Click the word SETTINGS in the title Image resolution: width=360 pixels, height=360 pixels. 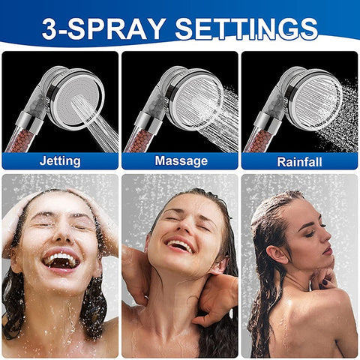(x=246, y=28)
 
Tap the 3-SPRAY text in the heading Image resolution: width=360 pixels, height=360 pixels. (x=104, y=28)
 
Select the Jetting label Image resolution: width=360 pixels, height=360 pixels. (x=60, y=160)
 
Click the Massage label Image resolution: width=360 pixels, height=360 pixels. (x=181, y=160)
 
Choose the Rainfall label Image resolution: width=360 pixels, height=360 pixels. (x=299, y=162)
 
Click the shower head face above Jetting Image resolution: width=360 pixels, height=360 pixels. (x=77, y=100)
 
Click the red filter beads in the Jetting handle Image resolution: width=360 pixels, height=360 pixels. (x=20, y=140)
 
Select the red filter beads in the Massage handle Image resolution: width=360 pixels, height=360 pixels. (x=139, y=140)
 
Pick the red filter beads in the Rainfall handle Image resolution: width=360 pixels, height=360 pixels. (x=259, y=140)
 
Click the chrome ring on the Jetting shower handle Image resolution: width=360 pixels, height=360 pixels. (x=30, y=122)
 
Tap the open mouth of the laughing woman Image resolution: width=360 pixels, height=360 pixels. (x=61, y=261)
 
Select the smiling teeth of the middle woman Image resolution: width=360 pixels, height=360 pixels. (x=181, y=245)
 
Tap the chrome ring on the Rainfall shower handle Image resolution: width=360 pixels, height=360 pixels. (x=268, y=122)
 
